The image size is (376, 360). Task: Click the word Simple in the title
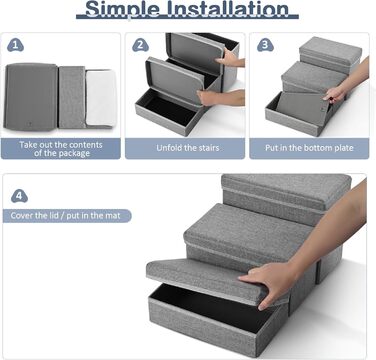pyautogui.click(x=122, y=9)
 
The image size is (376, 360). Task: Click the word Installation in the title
pyautogui.click(x=228, y=8)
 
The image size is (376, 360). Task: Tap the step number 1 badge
pyautogui.click(x=15, y=45)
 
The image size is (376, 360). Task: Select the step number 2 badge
pyautogui.click(x=140, y=45)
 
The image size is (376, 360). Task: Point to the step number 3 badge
pyautogui.click(x=265, y=45)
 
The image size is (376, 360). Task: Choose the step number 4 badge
pyautogui.click(x=19, y=196)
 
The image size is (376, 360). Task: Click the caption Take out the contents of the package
pyautogui.click(x=61, y=149)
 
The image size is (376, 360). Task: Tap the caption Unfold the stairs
pyautogui.click(x=188, y=148)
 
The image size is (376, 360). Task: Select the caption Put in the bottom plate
pyautogui.click(x=309, y=148)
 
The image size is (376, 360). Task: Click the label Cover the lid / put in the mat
pyautogui.click(x=65, y=216)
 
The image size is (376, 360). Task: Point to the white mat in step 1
pyautogui.click(x=101, y=97)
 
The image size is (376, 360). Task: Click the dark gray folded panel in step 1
pyautogui.click(x=31, y=97)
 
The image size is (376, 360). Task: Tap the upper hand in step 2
pyautogui.click(x=230, y=57)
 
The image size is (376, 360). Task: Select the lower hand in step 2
pyautogui.click(x=220, y=98)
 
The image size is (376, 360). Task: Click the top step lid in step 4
pyautogui.click(x=286, y=187)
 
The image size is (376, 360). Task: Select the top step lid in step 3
pyautogui.click(x=330, y=51)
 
